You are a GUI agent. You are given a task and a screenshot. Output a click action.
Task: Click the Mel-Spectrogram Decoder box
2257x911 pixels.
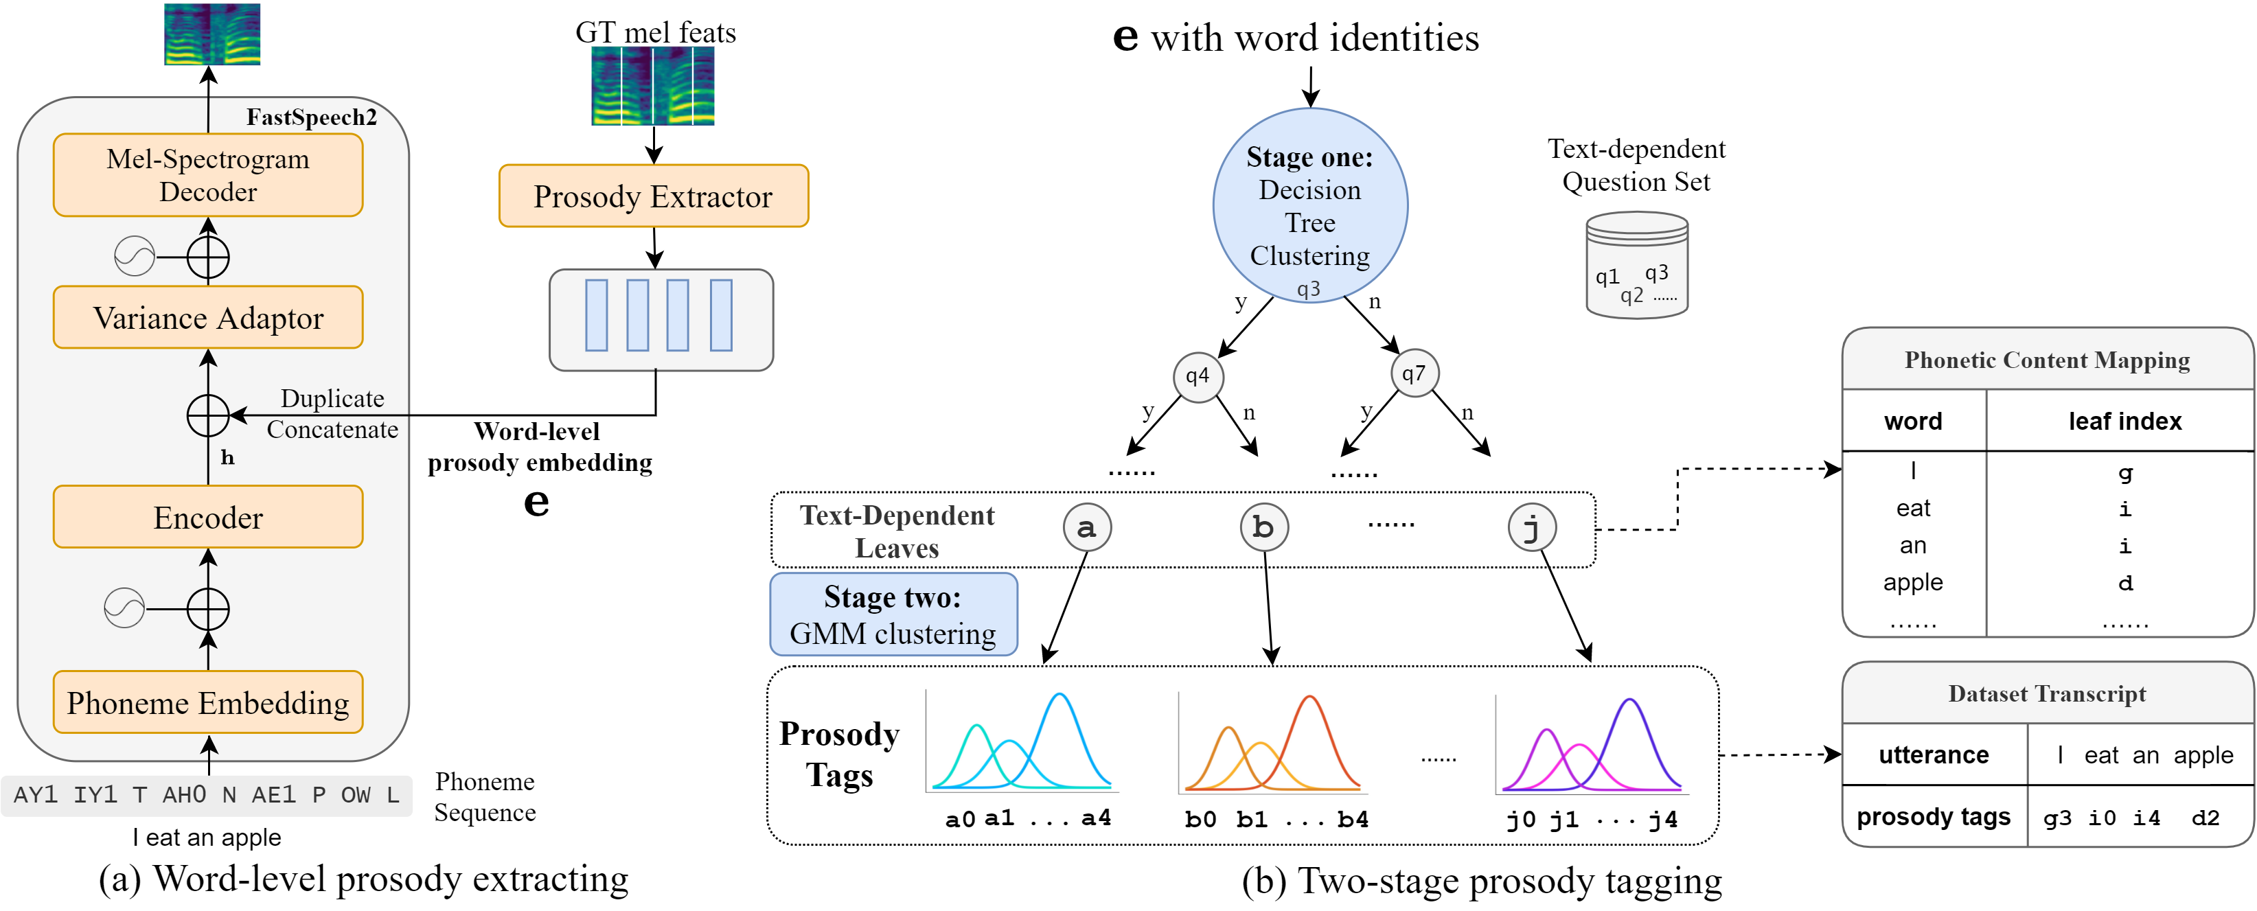tap(207, 175)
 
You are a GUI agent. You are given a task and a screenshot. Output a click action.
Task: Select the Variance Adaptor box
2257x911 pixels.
tap(207, 318)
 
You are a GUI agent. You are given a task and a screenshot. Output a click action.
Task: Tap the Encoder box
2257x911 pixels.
tap(207, 518)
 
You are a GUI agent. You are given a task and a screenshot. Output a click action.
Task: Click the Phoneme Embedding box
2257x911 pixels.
tap(207, 702)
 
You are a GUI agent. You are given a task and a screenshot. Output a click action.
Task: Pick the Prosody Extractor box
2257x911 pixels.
tap(653, 196)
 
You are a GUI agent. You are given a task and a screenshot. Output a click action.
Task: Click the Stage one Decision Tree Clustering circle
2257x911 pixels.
tap(1310, 206)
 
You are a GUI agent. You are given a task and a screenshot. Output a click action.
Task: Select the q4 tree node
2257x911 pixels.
tap(1197, 377)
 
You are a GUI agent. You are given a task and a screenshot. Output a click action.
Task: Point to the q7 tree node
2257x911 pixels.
tap(1413, 374)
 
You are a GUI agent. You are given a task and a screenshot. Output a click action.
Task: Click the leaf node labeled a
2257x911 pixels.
tap(1086, 527)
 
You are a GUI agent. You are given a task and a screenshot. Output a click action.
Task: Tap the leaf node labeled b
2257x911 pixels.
tap(1263, 527)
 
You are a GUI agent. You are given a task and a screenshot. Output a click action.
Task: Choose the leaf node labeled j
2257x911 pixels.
tap(1531, 527)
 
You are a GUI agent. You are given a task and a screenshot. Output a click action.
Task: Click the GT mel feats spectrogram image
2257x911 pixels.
tap(653, 86)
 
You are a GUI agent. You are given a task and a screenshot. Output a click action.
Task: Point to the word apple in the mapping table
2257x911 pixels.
tap(1913, 583)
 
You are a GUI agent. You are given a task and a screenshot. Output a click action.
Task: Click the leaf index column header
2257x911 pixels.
tap(2124, 422)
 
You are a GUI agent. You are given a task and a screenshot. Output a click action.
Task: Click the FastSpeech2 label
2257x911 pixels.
tap(311, 117)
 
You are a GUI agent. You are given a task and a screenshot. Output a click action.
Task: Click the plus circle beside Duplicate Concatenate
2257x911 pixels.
tap(207, 415)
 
